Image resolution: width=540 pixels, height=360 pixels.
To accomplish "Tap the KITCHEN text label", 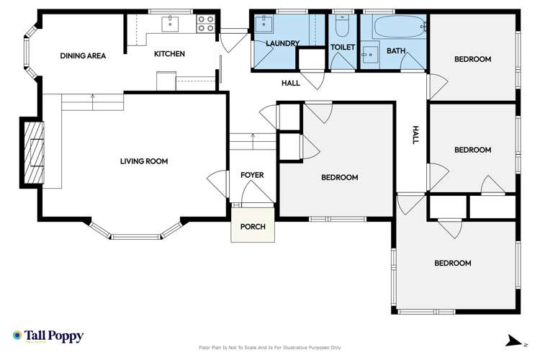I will tap(169, 54).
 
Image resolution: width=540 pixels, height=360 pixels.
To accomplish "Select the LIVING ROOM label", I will tap(143, 161).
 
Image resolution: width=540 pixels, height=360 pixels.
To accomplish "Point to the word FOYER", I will tap(252, 175).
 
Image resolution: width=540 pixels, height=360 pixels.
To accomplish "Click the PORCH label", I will tap(252, 227).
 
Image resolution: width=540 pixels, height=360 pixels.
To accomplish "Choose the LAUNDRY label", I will tap(282, 44).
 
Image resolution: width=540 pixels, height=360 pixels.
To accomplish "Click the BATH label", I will tap(395, 50).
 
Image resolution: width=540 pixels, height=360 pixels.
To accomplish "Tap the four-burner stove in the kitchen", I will tap(205, 24).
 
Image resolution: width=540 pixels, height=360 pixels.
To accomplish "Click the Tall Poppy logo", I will tap(48, 336).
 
